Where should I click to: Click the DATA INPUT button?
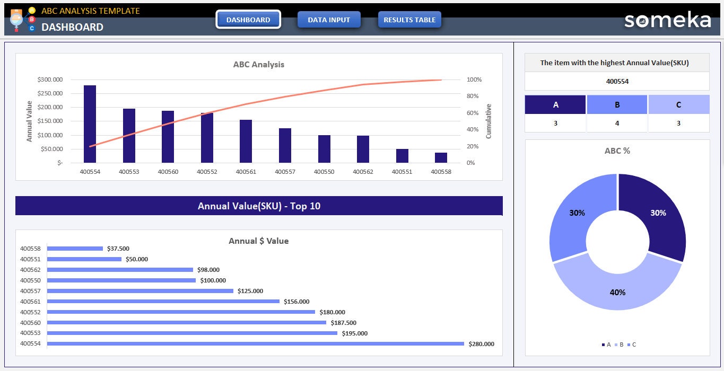click(329, 20)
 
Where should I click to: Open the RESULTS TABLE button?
click(409, 20)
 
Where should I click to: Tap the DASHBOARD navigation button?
click(248, 20)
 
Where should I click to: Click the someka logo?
click(667, 20)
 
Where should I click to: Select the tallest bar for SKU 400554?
click(90, 124)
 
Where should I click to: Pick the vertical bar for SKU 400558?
click(441, 157)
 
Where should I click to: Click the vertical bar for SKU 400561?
click(246, 141)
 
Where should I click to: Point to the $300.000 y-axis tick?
click(50, 79)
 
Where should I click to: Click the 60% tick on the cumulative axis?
click(474, 113)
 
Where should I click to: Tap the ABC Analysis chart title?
click(259, 65)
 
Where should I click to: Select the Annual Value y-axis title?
click(30, 121)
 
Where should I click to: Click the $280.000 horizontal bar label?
click(481, 344)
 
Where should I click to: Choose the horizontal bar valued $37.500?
click(75, 248)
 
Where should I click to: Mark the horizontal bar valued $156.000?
click(163, 301)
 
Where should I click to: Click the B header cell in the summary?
click(617, 105)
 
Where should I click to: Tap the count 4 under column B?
click(617, 123)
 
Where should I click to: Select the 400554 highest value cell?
click(617, 82)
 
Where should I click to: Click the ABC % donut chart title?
click(617, 151)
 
